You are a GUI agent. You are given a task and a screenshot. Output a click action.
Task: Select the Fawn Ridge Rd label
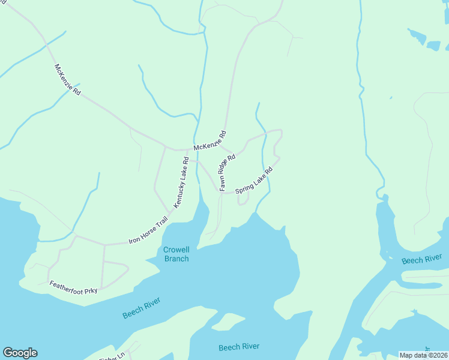coord(227,172)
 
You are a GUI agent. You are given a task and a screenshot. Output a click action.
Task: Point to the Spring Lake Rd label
coord(254,181)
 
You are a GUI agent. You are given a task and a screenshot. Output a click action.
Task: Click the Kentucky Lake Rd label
coord(181,182)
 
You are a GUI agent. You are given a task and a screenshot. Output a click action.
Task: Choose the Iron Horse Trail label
coord(148,233)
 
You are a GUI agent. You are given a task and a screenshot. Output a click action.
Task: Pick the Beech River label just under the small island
coord(239,347)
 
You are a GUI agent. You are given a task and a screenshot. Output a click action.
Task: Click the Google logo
coord(20,353)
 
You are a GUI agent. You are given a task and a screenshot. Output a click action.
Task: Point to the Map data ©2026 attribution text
coord(423,355)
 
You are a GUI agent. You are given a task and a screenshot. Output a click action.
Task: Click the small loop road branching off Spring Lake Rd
coord(243,200)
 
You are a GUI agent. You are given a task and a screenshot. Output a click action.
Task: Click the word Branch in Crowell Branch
coord(176,259)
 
